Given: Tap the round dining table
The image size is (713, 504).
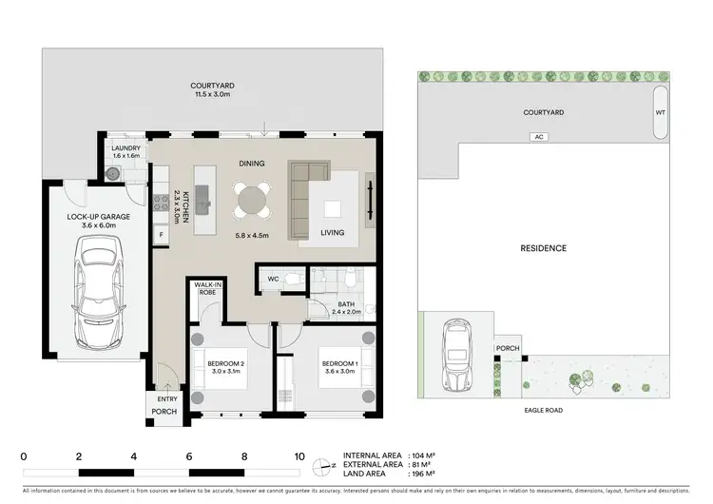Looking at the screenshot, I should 253,201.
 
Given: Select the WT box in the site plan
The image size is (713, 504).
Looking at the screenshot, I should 661,112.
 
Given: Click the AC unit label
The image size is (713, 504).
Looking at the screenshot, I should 542,137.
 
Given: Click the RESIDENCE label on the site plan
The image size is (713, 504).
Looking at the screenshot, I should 543,248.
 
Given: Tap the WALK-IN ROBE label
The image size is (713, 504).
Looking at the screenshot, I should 206,288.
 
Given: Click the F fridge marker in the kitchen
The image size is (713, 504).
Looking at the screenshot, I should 161,234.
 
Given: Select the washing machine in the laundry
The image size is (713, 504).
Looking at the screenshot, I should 114,173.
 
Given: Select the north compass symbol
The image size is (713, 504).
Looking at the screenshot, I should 326,464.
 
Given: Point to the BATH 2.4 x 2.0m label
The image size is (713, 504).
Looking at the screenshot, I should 345,307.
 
